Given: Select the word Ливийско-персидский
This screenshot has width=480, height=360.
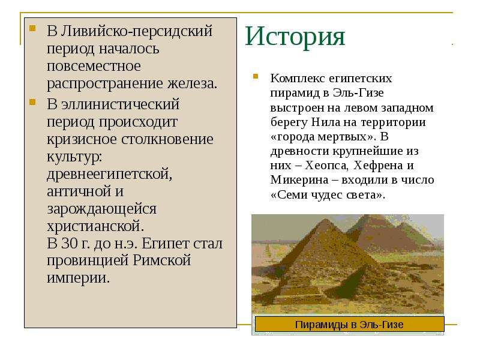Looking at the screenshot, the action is click(x=137, y=31).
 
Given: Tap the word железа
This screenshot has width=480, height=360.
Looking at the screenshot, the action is click(x=192, y=83).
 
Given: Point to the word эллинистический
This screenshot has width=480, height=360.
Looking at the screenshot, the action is click(x=121, y=104).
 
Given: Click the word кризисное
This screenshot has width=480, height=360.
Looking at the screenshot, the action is click(x=82, y=140).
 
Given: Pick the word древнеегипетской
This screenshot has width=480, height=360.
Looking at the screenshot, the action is click(x=110, y=175).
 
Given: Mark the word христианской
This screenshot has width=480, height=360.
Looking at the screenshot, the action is click(x=95, y=227).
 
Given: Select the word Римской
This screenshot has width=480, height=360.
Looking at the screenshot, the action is click(x=162, y=260).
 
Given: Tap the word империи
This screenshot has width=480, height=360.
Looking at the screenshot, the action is click(x=78, y=278).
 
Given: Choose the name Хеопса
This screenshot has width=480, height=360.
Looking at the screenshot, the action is click(x=326, y=166).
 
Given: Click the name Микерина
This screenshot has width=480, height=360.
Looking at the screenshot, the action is click(x=299, y=180).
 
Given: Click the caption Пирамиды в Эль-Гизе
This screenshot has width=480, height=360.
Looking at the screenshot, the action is click(x=349, y=325).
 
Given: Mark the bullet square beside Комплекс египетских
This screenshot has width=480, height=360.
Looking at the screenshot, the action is click(x=256, y=76).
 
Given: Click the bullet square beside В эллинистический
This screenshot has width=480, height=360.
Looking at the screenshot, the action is click(x=32, y=101).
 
